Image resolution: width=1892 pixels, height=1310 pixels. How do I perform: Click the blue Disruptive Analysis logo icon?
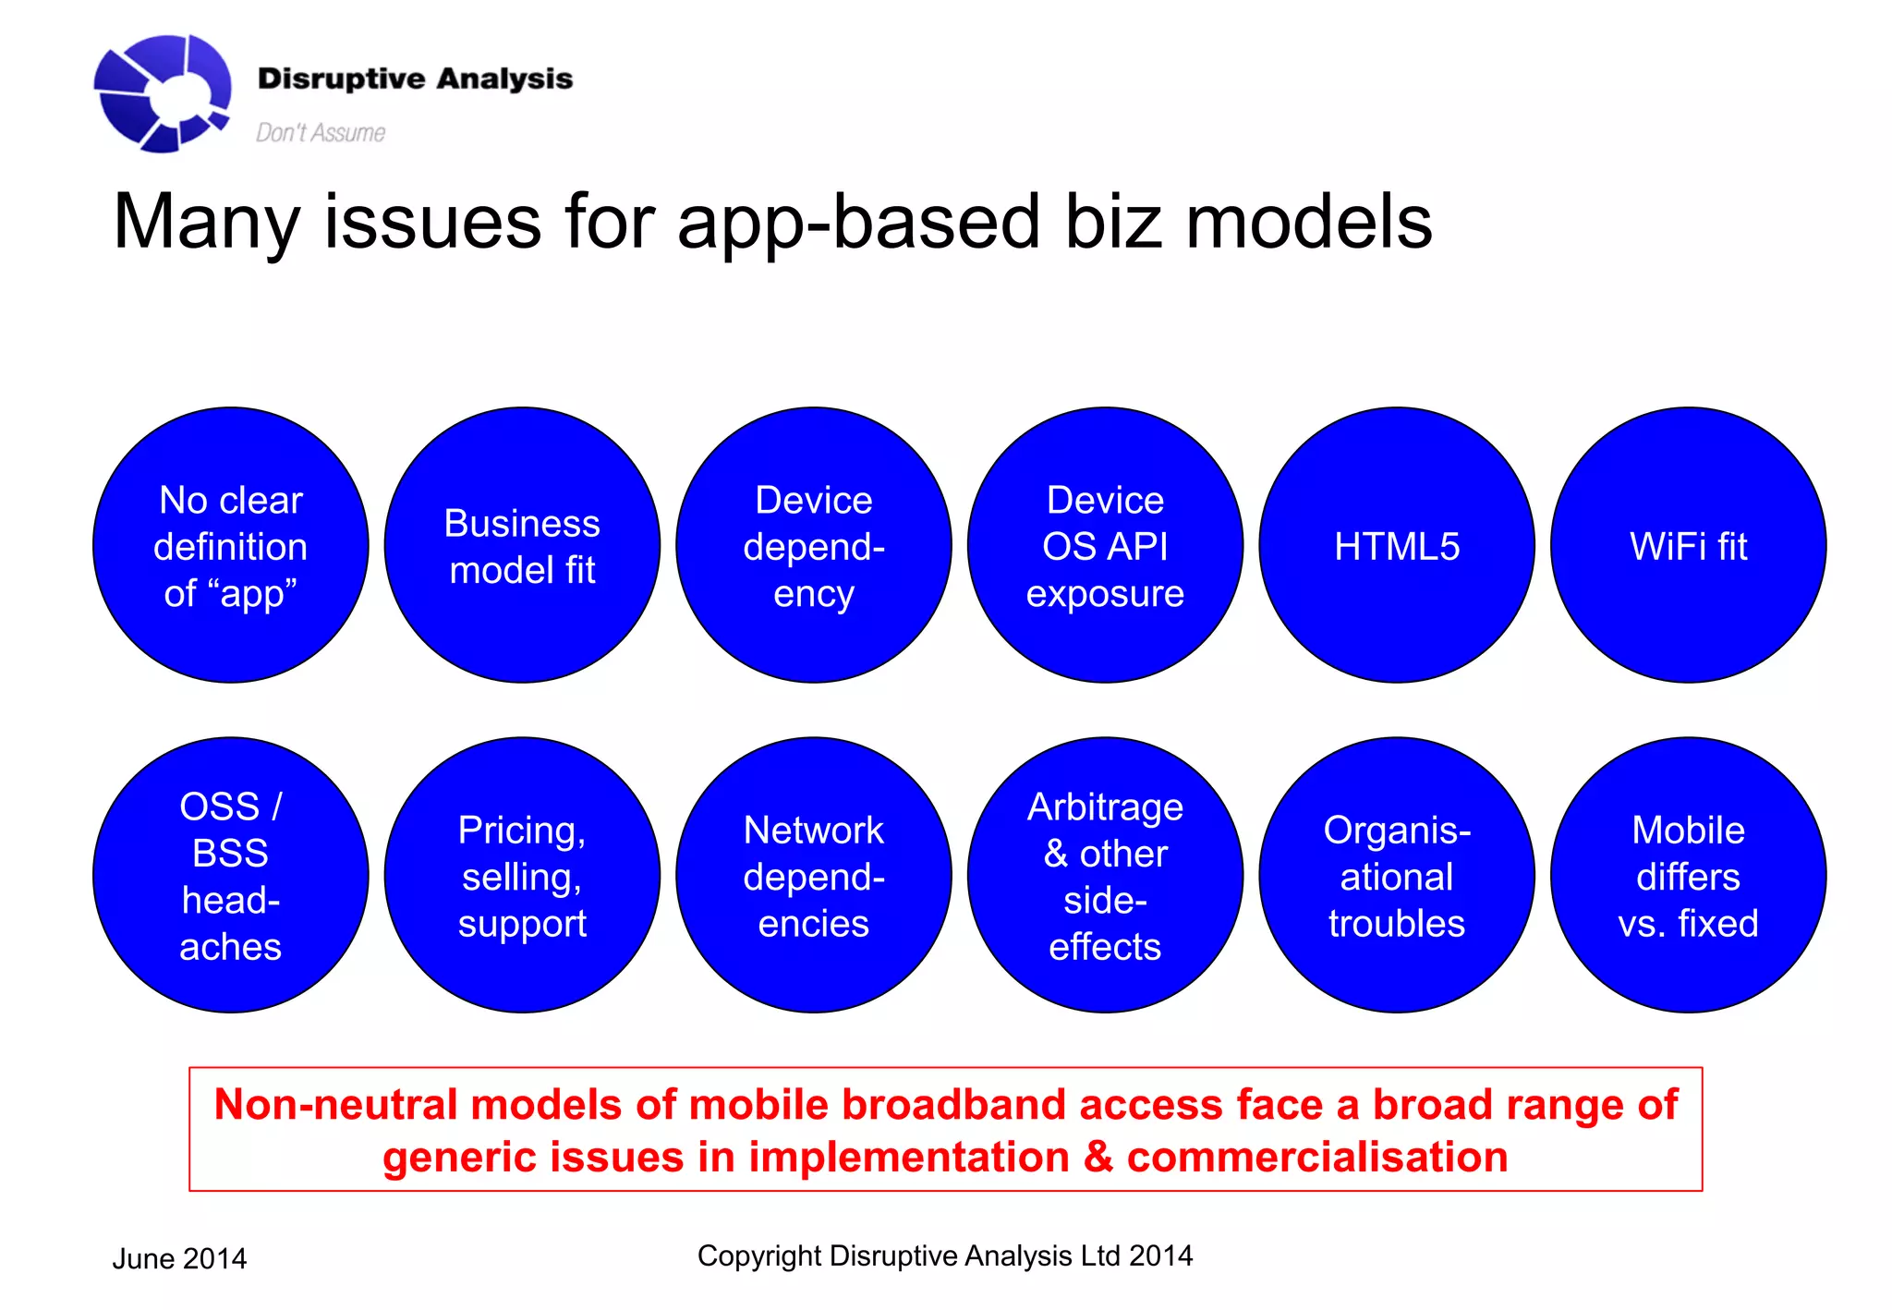pos(162,92)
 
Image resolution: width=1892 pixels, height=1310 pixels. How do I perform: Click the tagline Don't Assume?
pos(320,133)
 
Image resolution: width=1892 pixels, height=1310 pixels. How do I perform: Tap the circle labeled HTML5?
pos(1396,545)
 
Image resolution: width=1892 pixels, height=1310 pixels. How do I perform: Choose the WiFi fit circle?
pos(1688,545)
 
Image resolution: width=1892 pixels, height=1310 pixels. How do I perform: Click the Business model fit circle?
pos(522,545)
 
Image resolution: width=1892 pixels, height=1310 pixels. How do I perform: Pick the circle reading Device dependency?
pos(813,545)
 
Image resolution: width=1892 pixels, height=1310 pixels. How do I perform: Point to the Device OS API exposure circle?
pos(1105,545)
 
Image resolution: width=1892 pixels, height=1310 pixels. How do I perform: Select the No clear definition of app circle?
pos(231,545)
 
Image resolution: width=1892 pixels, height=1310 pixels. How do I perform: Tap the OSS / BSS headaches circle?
pos(231,875)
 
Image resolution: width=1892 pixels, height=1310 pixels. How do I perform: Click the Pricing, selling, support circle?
pos(522,875)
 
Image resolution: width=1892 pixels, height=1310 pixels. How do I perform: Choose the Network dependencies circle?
pos(813,875)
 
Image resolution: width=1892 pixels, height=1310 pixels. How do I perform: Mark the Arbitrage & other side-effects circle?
pos(1105,875)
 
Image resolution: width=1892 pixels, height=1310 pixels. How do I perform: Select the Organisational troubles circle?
pos(1396,875)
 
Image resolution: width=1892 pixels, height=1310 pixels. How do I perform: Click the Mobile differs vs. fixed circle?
pos(1688,875)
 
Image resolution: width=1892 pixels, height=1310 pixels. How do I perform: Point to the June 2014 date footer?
pos(179,1258)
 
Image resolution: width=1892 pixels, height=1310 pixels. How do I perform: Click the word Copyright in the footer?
pos(758,1256)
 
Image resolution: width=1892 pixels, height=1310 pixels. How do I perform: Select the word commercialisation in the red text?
pos(1316,1158)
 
